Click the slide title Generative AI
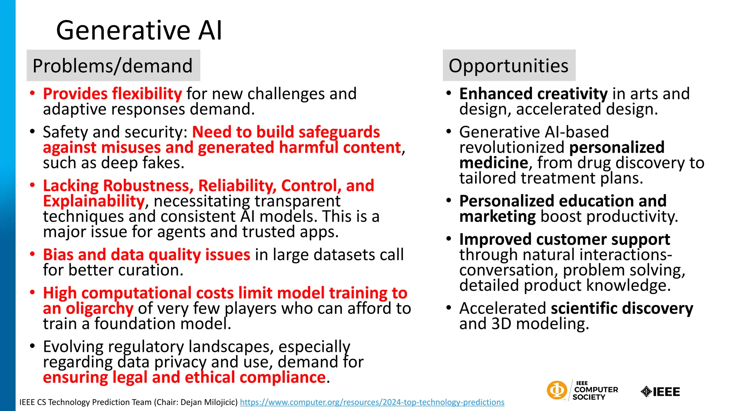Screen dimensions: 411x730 (139, 30)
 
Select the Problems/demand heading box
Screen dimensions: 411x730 (113, 66)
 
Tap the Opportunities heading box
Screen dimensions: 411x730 (509, 66)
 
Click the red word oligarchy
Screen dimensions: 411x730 (99, 309)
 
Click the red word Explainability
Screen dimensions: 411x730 (94, 201)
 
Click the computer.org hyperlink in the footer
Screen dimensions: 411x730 (372, 402)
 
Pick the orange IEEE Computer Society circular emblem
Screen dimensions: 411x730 (556, 390)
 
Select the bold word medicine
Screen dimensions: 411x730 (493, 163)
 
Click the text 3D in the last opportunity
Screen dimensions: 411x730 (501, 324)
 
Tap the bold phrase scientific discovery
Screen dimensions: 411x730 (622, 309)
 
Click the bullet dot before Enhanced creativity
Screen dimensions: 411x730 (449, 93)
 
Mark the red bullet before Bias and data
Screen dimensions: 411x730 (32, 254)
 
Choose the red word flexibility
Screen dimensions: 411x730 (147, 94)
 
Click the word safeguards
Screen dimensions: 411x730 (339, 132)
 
